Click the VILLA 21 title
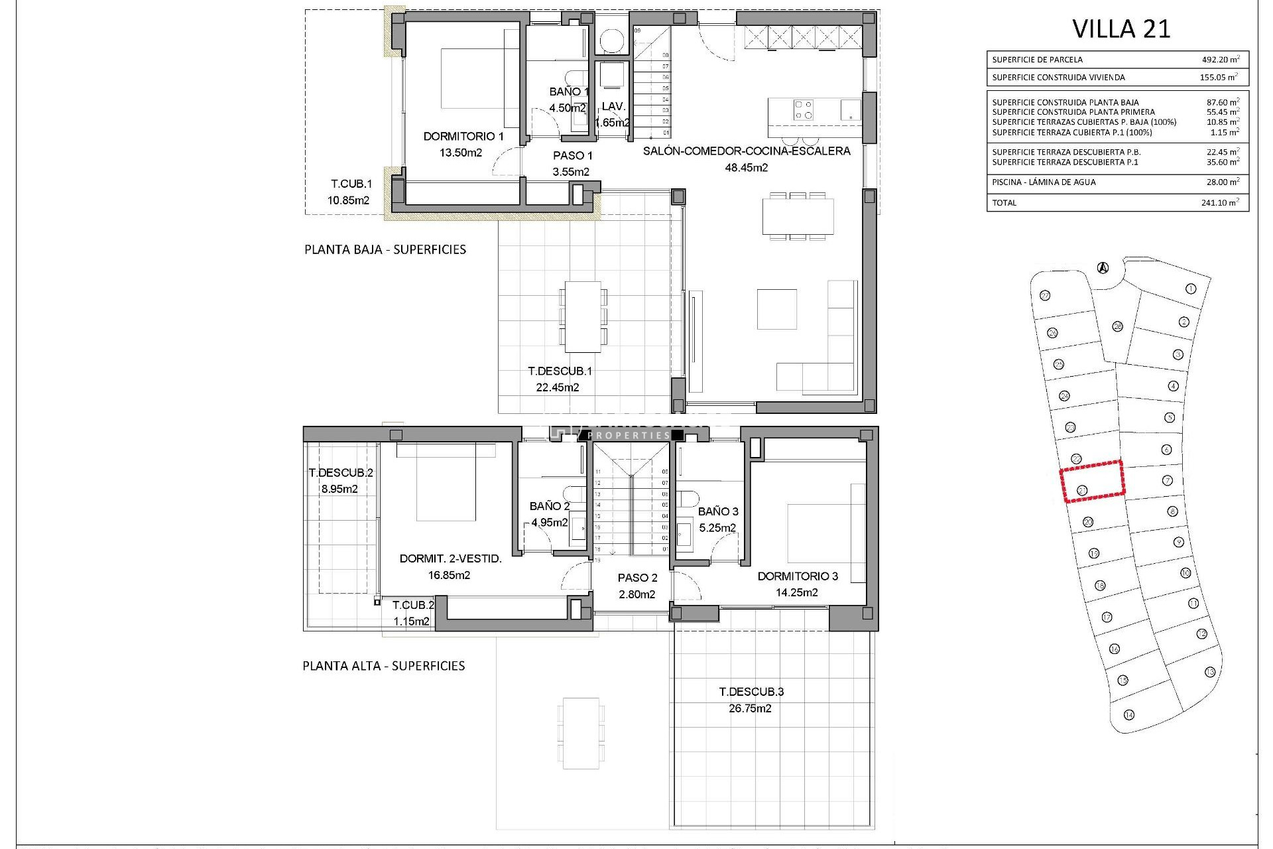[1121, 29]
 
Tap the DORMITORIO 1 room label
[463, 137]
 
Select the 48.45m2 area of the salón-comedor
[746, 168]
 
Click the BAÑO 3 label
[717, 511]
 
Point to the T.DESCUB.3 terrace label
[751, 692]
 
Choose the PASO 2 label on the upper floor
[637, 578]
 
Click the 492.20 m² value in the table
[1220, 60]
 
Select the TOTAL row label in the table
[1004, 203]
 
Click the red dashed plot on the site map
[1092, 481]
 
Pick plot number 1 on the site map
[1191, 289]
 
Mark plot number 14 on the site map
[1129, 715]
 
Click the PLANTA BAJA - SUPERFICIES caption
[385, 250]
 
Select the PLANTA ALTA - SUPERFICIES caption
[383, 666]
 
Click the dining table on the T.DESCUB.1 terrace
[583, 316]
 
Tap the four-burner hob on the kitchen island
[804, 109]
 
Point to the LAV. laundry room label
[613, 106]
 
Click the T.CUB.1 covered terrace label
[351, 184]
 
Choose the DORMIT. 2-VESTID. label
[450, 559]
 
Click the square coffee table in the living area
[776, 308]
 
